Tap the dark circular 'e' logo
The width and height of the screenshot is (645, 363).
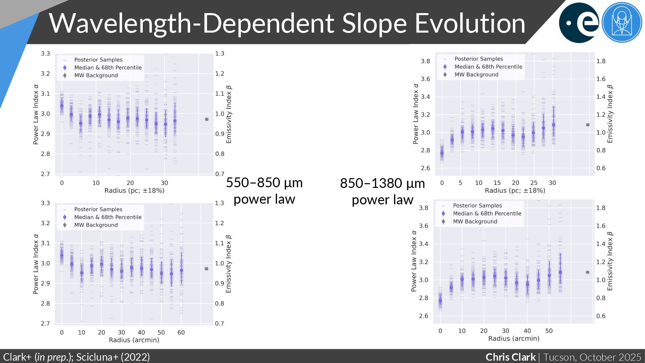(x=579, y=23)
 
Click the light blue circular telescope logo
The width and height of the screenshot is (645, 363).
(x=622, y=23)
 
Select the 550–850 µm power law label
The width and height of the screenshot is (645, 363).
(x=264, y=191)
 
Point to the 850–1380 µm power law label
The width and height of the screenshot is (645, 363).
(x=382, y=191)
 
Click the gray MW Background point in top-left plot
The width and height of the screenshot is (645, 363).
(x=207, y=119)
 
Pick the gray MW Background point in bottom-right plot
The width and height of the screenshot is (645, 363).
(x=588, y=272)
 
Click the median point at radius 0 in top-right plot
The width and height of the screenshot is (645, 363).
(x=442, y=153)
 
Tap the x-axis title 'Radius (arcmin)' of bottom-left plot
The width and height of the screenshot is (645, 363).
(x=134, y=340)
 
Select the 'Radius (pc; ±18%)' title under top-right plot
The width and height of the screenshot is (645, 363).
(x=515, y=191)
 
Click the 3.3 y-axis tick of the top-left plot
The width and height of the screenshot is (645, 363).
(x=45, y=53)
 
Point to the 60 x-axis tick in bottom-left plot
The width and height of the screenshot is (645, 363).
(x=181, y=332)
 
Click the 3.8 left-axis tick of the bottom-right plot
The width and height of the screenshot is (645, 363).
(x=424, y=208)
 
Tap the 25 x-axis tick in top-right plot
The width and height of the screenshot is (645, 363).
(x=534, y=183)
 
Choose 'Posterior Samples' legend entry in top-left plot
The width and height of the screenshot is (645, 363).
(x=98, y=60)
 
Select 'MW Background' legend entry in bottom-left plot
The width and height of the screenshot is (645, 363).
(x=96, y=225)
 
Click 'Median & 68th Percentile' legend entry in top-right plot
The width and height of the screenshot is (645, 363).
(x=488, y=67)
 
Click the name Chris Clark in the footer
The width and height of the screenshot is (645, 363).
(x=510, y=357)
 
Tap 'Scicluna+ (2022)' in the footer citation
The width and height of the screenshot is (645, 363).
(x=113, y=357)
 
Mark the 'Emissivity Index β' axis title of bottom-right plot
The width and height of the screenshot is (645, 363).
(x=610, y=261)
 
